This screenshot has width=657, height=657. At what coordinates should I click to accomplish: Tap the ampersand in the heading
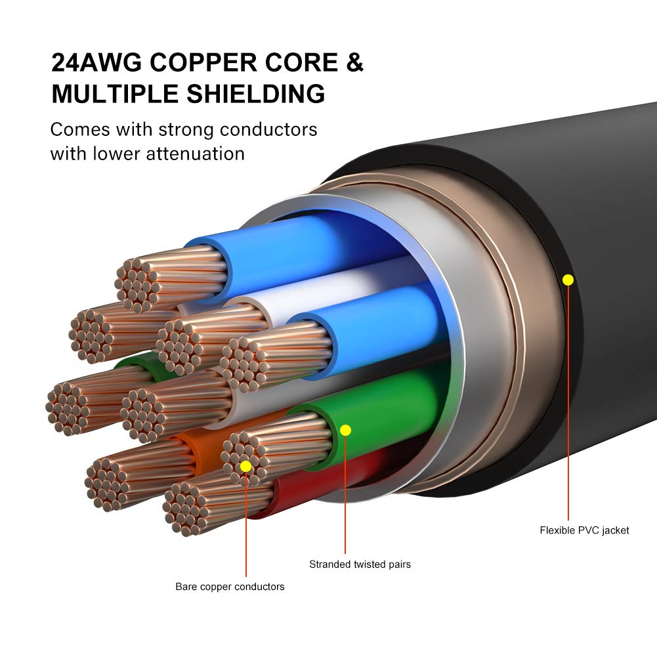(354, 62)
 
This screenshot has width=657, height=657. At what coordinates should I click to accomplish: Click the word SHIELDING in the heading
(263, 94)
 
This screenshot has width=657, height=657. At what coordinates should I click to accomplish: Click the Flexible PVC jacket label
(584, 530)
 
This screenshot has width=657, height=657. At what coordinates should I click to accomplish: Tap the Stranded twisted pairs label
(360, 564)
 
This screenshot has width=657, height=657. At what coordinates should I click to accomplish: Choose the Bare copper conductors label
(230, 587)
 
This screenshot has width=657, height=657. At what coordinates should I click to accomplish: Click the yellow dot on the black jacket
(568, 280)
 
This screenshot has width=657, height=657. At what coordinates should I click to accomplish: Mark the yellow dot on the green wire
(346, 431)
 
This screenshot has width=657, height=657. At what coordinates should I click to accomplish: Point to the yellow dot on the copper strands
(245, 466)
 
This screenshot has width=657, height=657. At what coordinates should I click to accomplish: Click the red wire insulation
(308, 486)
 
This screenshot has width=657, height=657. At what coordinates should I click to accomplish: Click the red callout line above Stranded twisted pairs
(346, 492)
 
